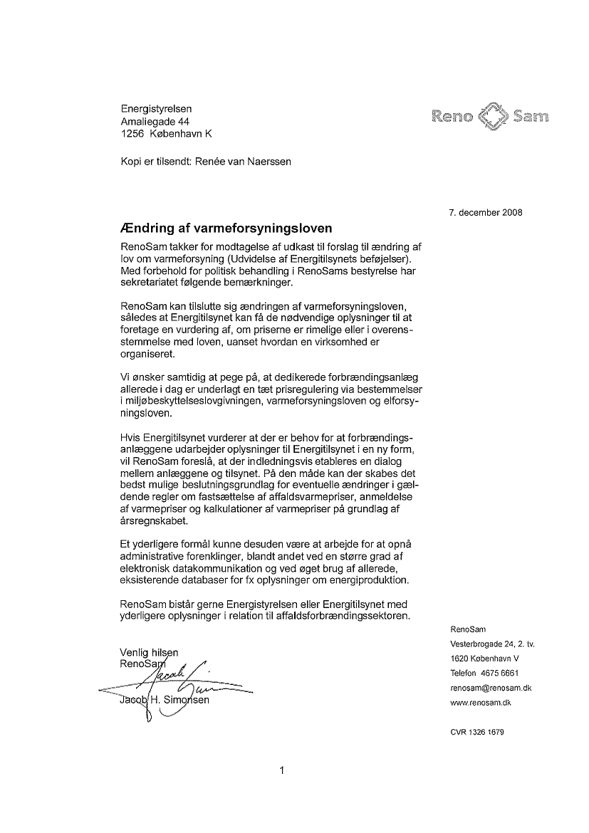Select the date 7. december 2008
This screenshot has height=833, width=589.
(486, 212)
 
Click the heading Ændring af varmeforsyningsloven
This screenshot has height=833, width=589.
(228, 229)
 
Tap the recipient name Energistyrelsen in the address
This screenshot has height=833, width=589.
(156, 109)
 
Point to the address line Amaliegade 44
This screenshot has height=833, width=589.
(155, 122)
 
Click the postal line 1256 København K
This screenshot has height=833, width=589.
(166, 134)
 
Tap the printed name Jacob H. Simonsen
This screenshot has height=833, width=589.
(165, 700)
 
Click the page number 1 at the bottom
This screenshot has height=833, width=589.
(283, 770)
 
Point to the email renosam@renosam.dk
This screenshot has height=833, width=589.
(491, 688)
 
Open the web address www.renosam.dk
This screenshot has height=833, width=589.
(481, 703)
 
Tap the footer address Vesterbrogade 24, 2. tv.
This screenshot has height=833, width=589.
(492, 644)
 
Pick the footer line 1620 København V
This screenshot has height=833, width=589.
(484, 659)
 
